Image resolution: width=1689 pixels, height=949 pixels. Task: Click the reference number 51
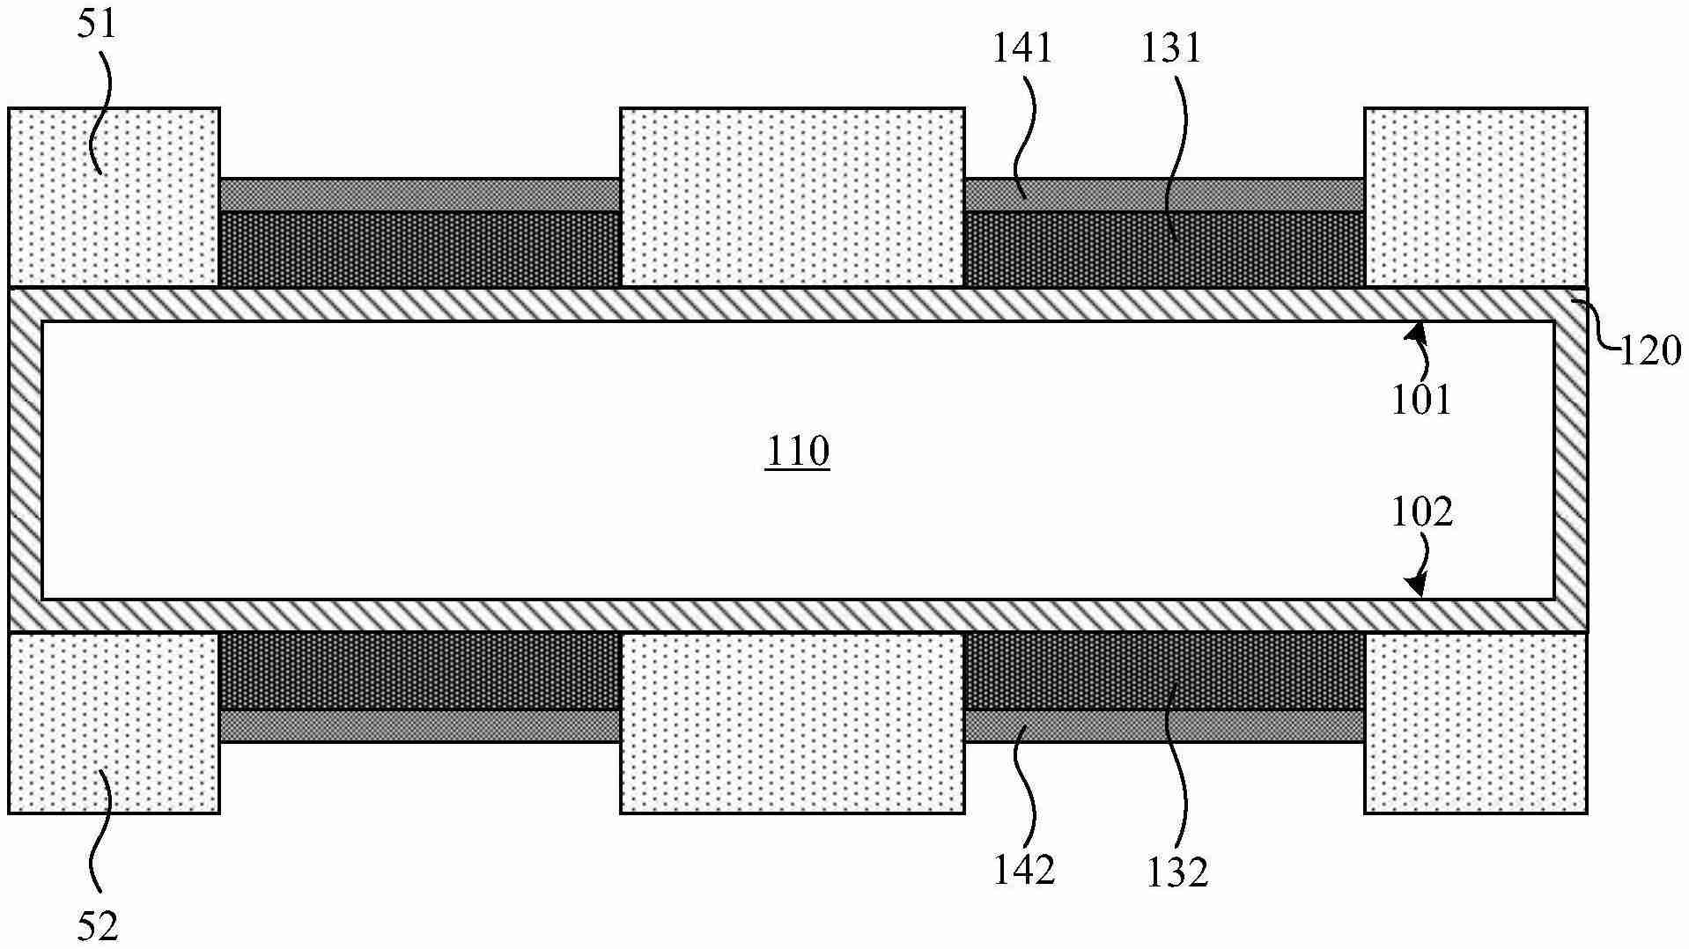[x=96, y=24]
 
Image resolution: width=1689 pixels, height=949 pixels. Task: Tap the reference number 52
[x=97, y=926]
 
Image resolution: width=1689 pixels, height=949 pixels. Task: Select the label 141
[x=1022, y=48]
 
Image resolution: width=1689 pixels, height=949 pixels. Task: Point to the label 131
[x=1171, y=48]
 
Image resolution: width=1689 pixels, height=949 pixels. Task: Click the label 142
[x=1024, y=870]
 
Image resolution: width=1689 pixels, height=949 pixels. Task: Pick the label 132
[x=1177, y=872]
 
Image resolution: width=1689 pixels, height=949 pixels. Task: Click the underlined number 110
[x=798, y=452]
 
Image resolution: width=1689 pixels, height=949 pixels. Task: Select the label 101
[x=1421, y=401]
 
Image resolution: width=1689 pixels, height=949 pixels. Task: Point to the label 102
[x=1421, y=511]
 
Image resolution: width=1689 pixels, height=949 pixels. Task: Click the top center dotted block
[x=793, y=197]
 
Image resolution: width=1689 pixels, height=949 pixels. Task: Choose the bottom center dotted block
[x=793, y=722]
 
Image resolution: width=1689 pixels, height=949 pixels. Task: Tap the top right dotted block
[x=1476, y=197]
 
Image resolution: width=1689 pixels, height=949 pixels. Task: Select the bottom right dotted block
[x=1476, y=722]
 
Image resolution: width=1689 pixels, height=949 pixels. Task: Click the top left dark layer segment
[x=420, y=249]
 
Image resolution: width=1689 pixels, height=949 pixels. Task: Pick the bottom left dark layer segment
[x=420, y=671]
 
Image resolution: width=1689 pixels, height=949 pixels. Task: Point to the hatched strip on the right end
[x=1571, y=460]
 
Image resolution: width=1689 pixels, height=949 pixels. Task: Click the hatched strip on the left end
[x=26, y=460]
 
